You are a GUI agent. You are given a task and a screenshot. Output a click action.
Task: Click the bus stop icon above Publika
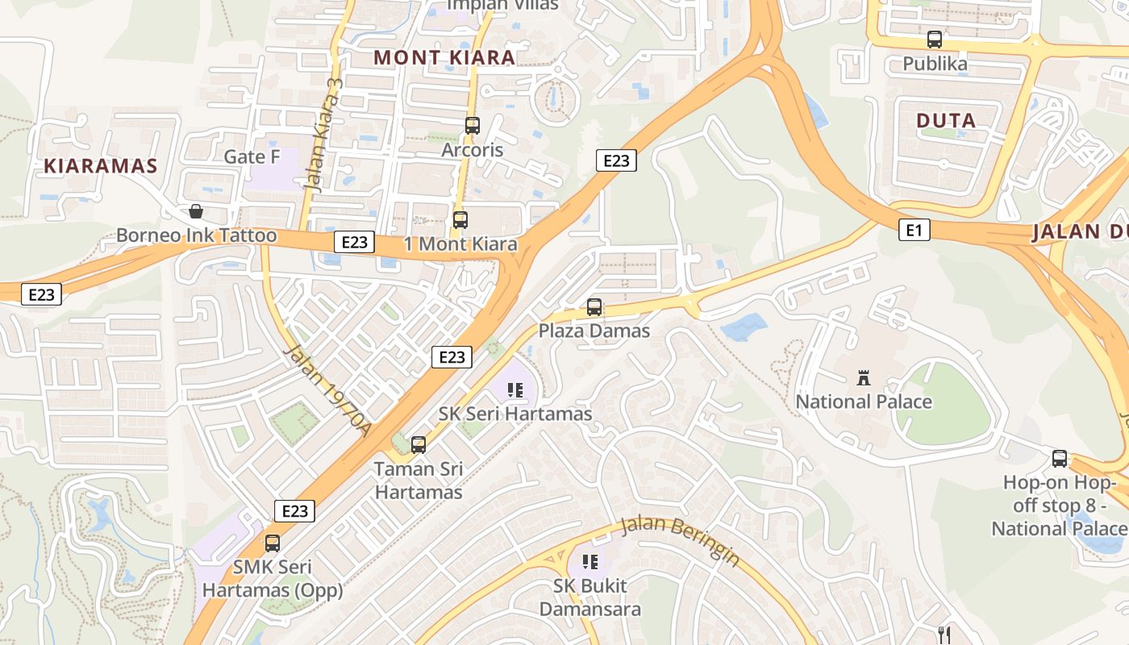click(935, 39)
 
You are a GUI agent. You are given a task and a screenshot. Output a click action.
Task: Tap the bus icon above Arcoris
click(473, 126)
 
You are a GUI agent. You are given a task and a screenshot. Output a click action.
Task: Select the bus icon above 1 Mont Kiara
click(460, 219)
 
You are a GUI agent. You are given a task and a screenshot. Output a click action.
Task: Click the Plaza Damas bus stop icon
click(594, 307)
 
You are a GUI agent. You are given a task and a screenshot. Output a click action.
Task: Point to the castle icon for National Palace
click(864, 377)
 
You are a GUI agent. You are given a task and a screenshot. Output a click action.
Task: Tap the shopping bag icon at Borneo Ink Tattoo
click(195, 212)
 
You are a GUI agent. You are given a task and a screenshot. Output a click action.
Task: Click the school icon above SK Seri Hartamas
click(515, 391)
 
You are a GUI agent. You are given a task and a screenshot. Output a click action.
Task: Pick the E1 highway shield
click(914, 231)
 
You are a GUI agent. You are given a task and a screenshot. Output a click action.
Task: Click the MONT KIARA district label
click(444, 57)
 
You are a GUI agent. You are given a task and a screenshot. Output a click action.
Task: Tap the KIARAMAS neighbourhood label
click(100, 166)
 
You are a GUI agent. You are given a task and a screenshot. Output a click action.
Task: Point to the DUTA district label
click(946, 121)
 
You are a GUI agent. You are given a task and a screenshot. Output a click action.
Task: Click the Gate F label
click(252, 156)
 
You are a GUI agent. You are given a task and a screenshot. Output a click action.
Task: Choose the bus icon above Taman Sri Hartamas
click(419, 444)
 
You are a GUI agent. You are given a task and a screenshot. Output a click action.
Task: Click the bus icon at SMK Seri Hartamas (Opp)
click(273, 543)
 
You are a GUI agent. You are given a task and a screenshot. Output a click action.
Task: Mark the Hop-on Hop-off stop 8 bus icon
click(1060, 459)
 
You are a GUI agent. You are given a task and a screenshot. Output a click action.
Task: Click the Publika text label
click(935, 64)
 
